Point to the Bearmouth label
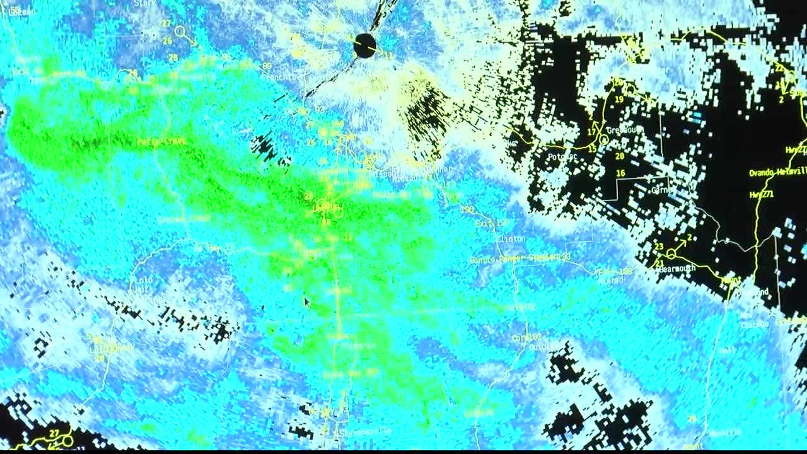click(677, 269)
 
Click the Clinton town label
click(511, 239)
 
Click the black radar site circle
click(364, 46)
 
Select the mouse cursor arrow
click(307, 303)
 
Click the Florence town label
click(360, 345)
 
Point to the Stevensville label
click(366, 432)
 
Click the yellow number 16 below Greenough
click(620, 173)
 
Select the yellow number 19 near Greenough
click(619, 100)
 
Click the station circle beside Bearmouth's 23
click(671, 253)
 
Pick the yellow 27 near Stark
click(166, 23)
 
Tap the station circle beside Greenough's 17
click(604, 139)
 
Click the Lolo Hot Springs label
click(141, 284)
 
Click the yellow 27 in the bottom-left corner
click(54, 433)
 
